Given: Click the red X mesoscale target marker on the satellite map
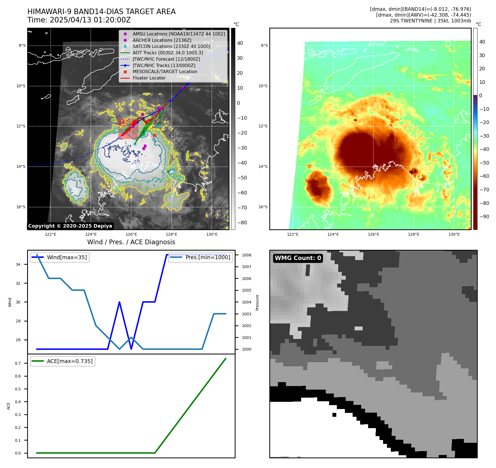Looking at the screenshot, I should pyautogui.click(x=154, y=135).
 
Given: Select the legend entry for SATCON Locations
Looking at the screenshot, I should pyautogui.click(x=171, y=47).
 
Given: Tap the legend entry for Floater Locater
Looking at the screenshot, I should pyautogui.click(x=149, y=78).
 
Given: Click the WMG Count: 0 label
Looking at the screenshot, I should pyautogui.click(x=298, y=258).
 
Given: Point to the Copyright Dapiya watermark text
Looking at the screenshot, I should pyautogui.click(x=70, y=226).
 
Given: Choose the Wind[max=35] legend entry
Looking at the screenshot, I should pyautogui.click(x=67, y=258).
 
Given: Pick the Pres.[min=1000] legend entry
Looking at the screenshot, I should pyautogui.click(x=208, y=258).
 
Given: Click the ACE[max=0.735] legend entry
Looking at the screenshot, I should pyautogui.click(x=69, y=361).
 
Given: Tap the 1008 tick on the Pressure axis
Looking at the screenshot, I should pyautogui.click(x=246, y=255).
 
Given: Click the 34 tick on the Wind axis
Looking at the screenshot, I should pyautogui.click(x=18, y=264).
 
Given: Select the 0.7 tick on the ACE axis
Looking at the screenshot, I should pyautogui.click(x=18, y=363).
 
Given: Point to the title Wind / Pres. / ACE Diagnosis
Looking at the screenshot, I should pyautogui.click(x=131, y=242).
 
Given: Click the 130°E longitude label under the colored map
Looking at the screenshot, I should pyautogui.click(x=454, y=235).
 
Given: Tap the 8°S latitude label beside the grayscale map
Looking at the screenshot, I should pyautogui.click(x=22, y=46).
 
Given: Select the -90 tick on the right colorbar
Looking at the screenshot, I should pyautogui.click(x=484, y=217).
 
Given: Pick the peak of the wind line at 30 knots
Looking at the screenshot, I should pyautogui.click(x=119, y=302).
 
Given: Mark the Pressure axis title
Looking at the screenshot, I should pyautogui.click(x=257, y=302).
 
